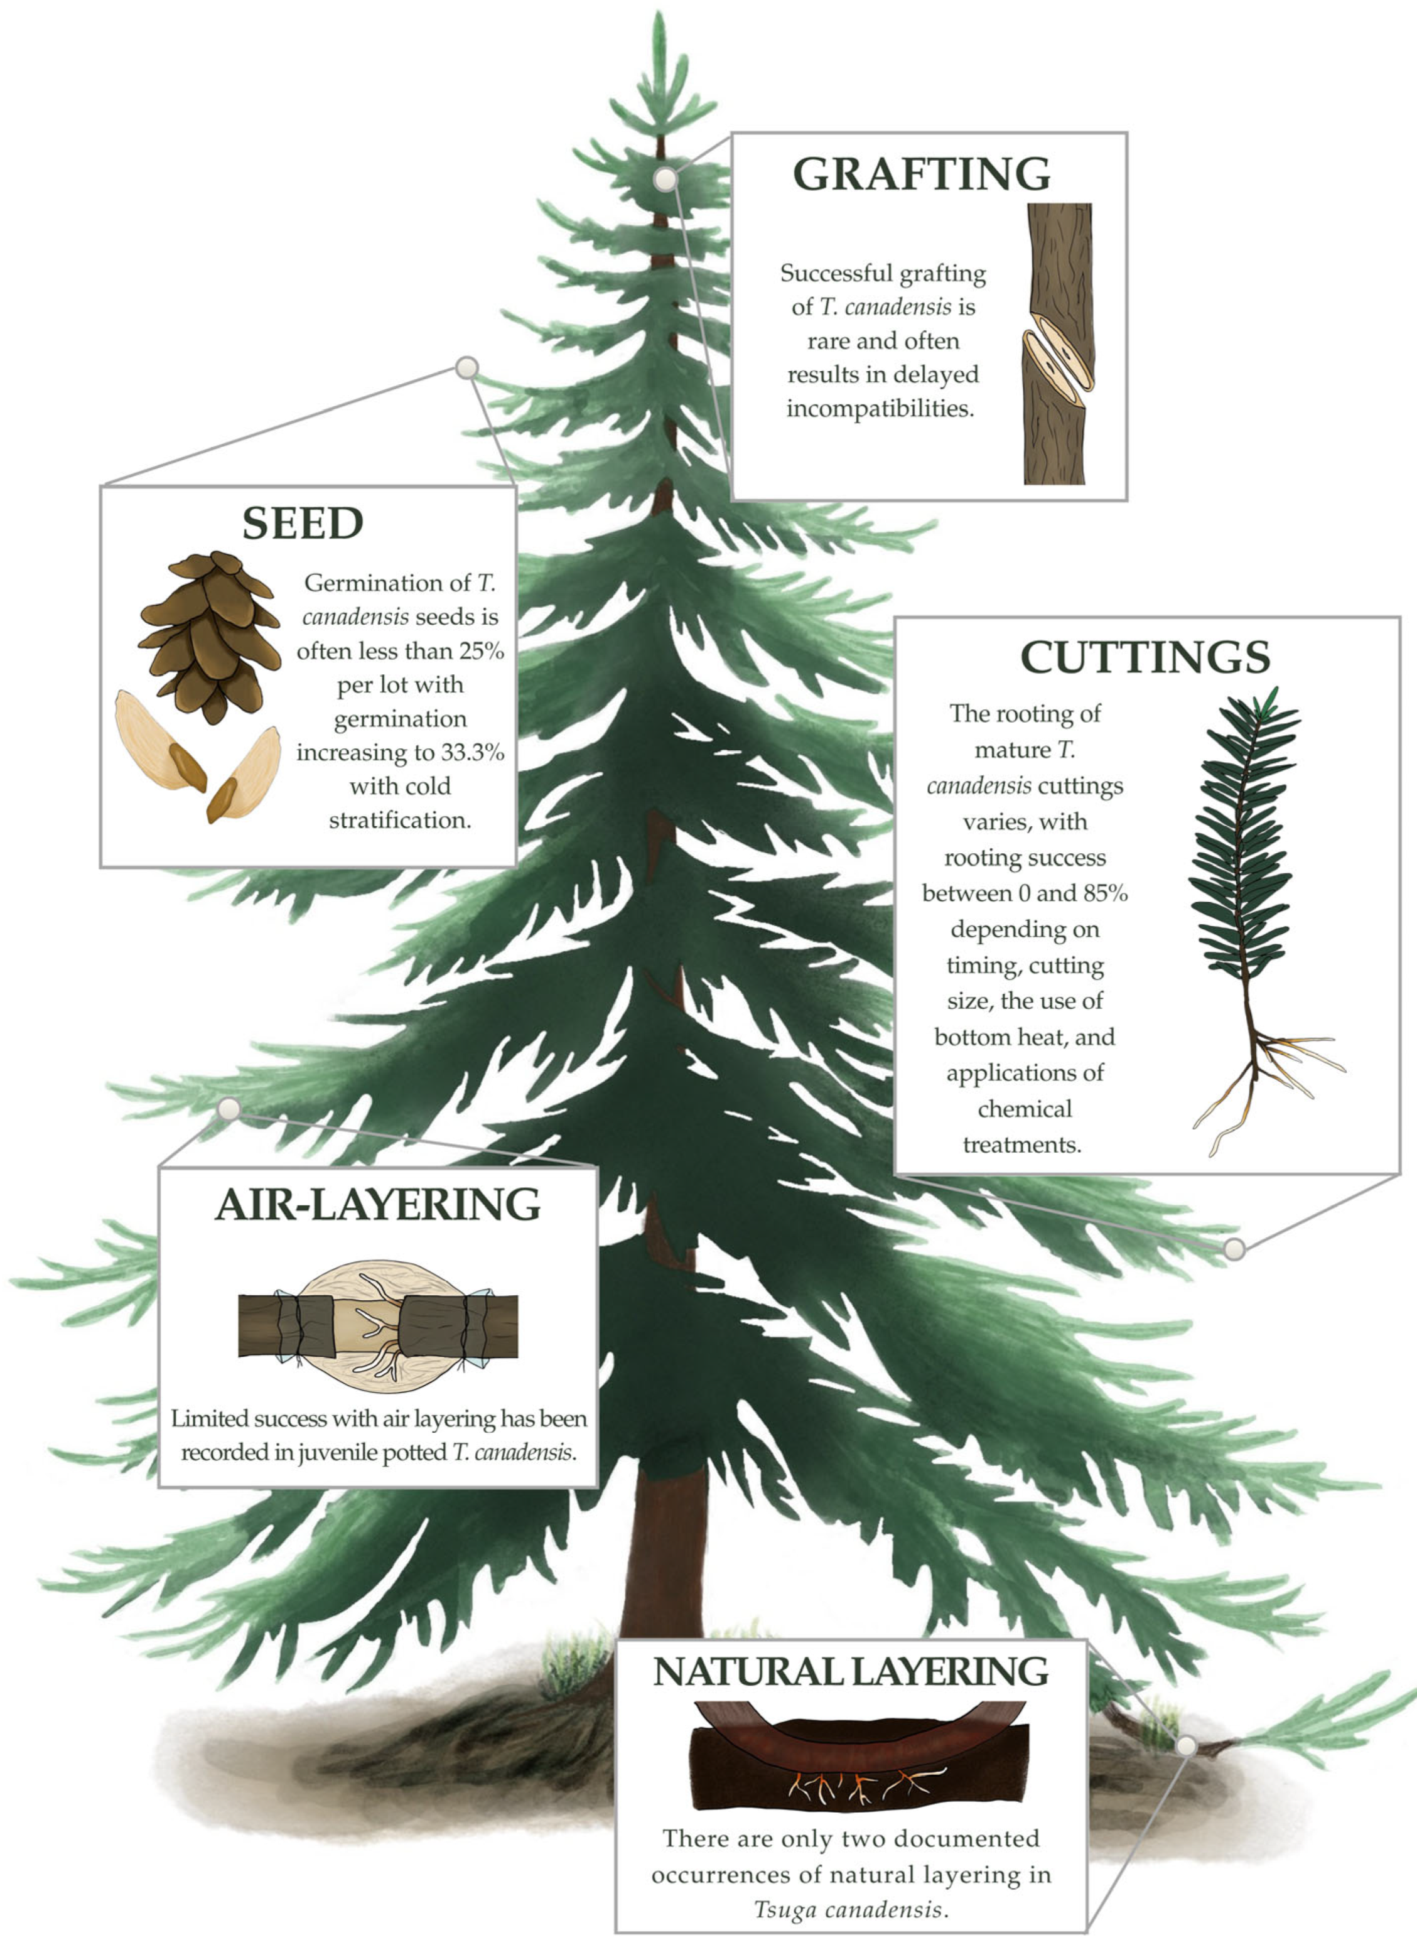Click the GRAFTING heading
click(921, 174)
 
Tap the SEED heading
click(303, 523)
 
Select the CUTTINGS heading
click(1145, 658)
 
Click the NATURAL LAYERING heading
click(851, 1671)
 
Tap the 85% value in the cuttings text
click(1105, 893)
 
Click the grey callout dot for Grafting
click(665, 179)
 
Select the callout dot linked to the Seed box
click(466, 368)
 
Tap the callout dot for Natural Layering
click(1186, 1745)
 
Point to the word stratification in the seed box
click(400, 821)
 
